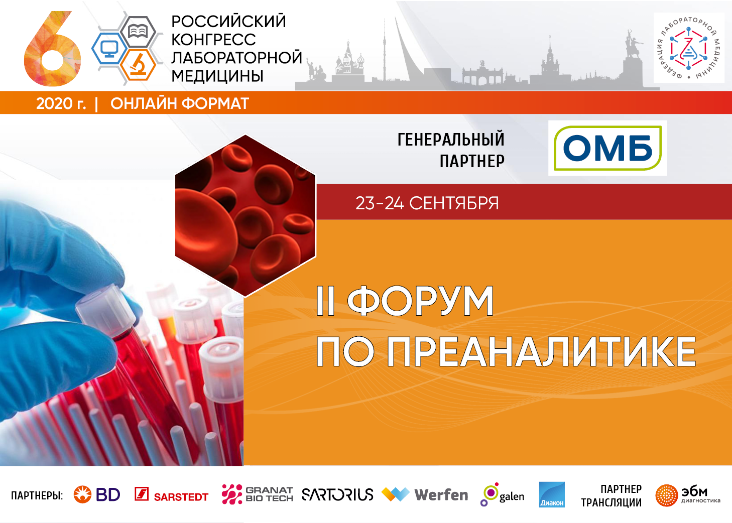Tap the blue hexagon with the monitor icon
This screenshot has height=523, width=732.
[109, 49]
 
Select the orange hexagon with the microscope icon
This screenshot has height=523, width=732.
[138, 65]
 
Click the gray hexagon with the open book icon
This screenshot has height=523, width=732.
[138, 32]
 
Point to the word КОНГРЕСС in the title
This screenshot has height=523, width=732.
[213, 40]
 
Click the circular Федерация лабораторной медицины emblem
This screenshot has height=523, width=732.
[688, 48]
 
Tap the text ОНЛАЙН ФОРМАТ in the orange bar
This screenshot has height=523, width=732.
[180, 103]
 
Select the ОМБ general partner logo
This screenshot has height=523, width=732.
[607, 148]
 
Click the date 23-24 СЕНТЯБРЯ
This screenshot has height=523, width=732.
[427, 203]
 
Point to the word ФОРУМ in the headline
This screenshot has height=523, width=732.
[420, 301]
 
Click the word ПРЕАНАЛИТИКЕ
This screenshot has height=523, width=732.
[542, 352]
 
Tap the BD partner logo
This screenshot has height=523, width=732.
[97, 494]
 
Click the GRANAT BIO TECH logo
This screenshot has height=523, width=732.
[257, 494]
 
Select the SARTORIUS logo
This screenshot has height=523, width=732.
[337, 494]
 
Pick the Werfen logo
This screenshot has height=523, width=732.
[425, 494]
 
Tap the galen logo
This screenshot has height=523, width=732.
[502, 494]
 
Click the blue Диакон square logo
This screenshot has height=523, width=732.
[552, 494]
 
